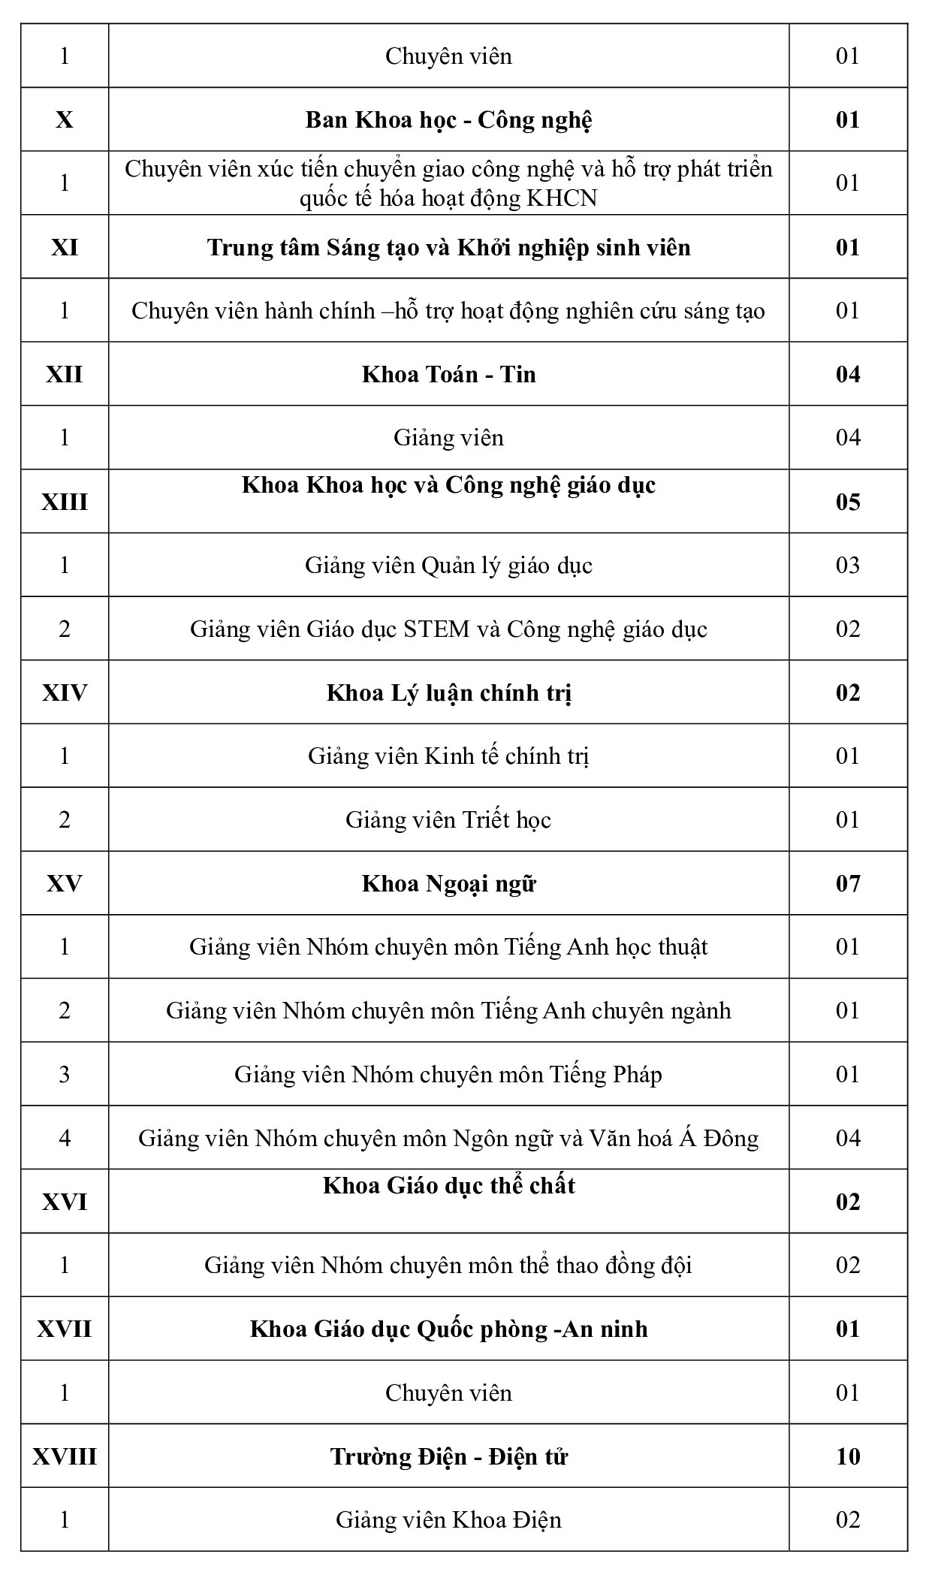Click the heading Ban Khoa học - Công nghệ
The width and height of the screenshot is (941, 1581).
point(448,120)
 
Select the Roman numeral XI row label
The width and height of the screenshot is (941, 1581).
point(65,247)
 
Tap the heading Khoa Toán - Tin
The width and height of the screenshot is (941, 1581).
point(448,374)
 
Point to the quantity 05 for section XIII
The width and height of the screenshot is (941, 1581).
point(847,502)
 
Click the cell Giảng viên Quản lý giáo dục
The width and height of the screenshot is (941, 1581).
point(448,565)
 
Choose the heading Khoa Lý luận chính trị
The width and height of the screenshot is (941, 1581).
point(448,692)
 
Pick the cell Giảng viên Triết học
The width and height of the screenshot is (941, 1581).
point(448,819)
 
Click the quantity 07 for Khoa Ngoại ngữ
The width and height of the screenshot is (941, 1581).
point(847,883)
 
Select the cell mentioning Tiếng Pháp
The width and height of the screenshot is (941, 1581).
point(448,1074)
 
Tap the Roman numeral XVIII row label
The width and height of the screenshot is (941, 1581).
point(65,1456)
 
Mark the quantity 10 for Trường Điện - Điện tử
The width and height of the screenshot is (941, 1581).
point(847,1456)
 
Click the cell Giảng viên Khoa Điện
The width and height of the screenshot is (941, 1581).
point(448,1519)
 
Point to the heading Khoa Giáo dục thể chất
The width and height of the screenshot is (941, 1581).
point(448,1186)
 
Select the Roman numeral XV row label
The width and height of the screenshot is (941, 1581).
point(65,883)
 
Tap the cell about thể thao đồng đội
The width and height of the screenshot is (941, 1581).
point(448,1266)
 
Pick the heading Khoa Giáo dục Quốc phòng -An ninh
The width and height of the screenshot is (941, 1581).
point(448,1329)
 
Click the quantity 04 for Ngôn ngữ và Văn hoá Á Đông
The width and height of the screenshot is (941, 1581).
point(847,1138)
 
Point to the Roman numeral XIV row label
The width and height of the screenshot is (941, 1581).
point(65,692)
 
